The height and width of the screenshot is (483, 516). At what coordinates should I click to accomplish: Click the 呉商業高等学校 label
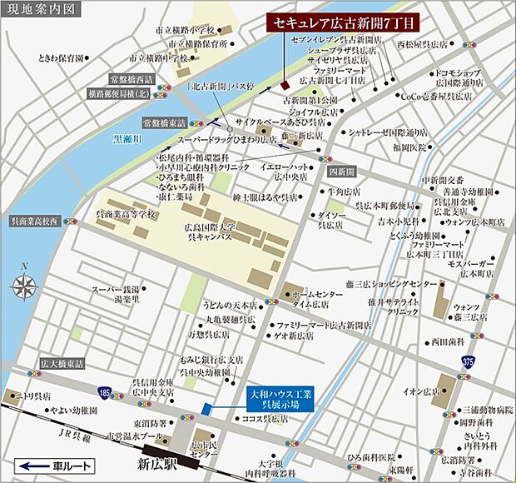click(127, 214)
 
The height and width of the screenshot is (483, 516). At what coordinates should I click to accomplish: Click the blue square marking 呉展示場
click(206, 407)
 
